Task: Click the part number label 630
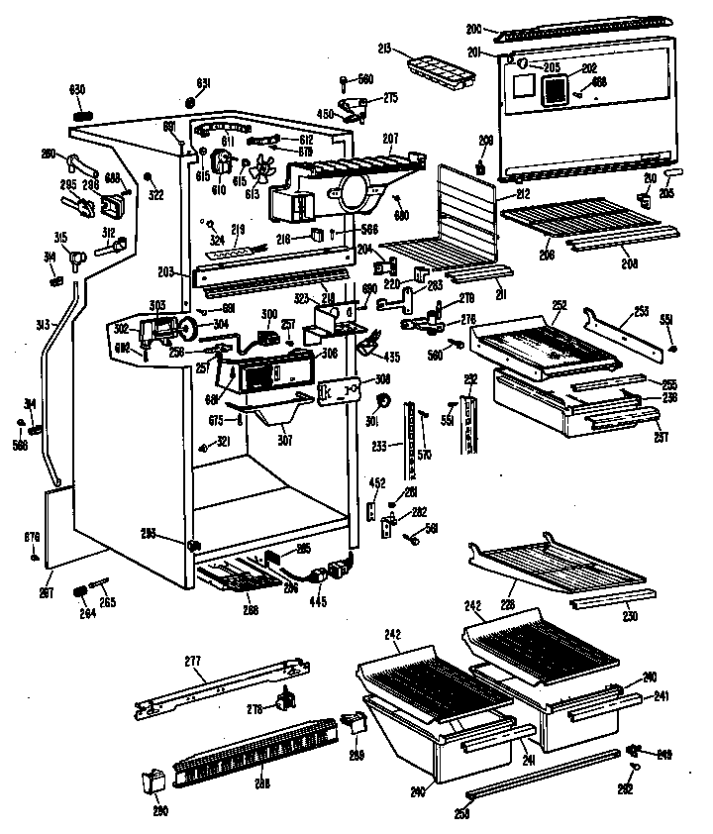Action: pos(76,89)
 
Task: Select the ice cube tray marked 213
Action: pos(440,71)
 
